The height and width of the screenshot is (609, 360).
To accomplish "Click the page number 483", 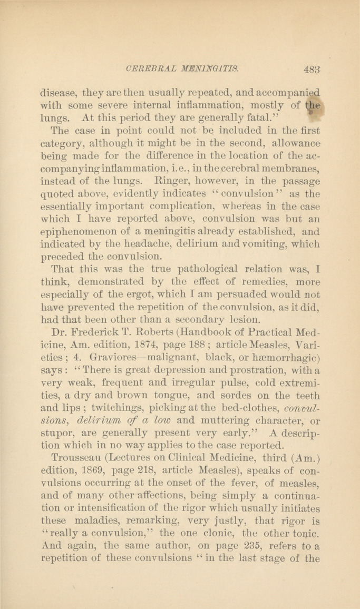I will click(312, 67).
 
